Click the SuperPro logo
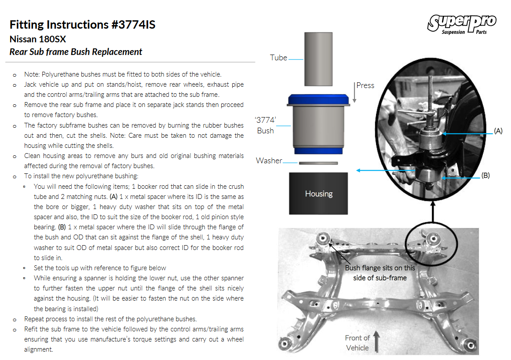[x=462, y=25]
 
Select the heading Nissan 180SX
[x=38, y=40]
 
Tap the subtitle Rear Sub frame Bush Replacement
[x=76, y=52]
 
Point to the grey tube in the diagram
[x=318, y=59]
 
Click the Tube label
[x=278, y=58]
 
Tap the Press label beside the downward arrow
[x=365, y=85]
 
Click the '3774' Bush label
[x=265, y=125]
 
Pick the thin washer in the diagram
[x=318, y=163]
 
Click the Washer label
[x=269, y=161]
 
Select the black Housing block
[x=318, y=193]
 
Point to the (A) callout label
[x=498, y=131]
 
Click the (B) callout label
[x=485, y=176]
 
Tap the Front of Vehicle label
[x=358, y=343]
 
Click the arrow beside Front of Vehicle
[x=376, y=342]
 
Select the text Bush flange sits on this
[x=380, y=268]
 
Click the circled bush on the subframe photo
[x=433, y=239]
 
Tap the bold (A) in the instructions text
[x=113, y=197]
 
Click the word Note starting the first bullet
[x=31, y=75]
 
